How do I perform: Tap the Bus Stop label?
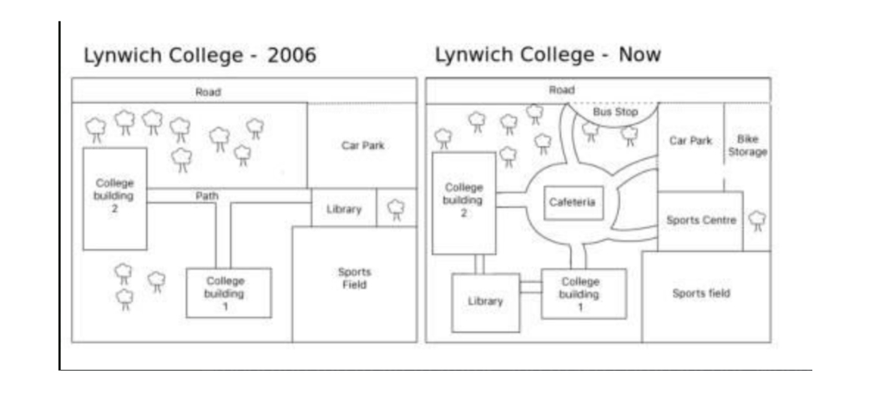coord(615,111)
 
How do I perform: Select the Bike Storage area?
coord(746,146)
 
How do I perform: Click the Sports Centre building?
coord(700,220)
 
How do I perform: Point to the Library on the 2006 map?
coord(343,209)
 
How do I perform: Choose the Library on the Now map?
coord(485,301)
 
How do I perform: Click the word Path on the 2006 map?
coord(206,195)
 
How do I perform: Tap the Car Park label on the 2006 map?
coord(362,145)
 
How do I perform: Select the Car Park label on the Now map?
coord(690,141)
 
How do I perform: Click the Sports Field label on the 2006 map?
coord(354,278)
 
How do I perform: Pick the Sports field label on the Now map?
coord(701,293)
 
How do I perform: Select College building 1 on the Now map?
coord(581,293)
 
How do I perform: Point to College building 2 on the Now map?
coord(463,200)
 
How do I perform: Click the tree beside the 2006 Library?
coord(396,209)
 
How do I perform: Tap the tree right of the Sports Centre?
coord(756,220)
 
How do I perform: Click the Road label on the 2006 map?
coord(208,92)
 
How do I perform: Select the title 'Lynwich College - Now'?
coord(548,55)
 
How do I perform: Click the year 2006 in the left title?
coord(291,56)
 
